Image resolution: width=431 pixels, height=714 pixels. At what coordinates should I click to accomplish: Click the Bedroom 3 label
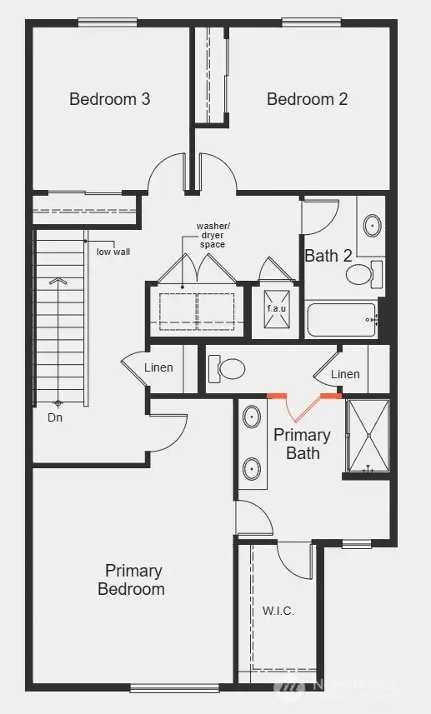(109, 99)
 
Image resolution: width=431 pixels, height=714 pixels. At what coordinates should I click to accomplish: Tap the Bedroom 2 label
(307, 99)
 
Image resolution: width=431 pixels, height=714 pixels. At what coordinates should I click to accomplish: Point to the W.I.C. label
(278, 610)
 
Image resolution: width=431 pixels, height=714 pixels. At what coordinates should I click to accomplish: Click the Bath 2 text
(328, 256)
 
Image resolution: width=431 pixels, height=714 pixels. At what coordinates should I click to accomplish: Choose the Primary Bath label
(303, 444)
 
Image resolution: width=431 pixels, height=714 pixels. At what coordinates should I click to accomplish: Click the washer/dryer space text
(212, 235)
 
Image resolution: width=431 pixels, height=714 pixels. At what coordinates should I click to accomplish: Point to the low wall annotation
(113, 251)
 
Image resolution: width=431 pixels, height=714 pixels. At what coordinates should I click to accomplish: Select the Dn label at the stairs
(55, 417)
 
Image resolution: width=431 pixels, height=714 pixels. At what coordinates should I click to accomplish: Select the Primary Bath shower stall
(367, 435)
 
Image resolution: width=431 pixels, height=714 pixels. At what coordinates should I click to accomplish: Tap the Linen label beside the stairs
(158, 367)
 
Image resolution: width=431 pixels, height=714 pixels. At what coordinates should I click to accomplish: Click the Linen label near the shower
(345, 374)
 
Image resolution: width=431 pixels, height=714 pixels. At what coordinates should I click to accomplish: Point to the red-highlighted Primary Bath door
(303, 406)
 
